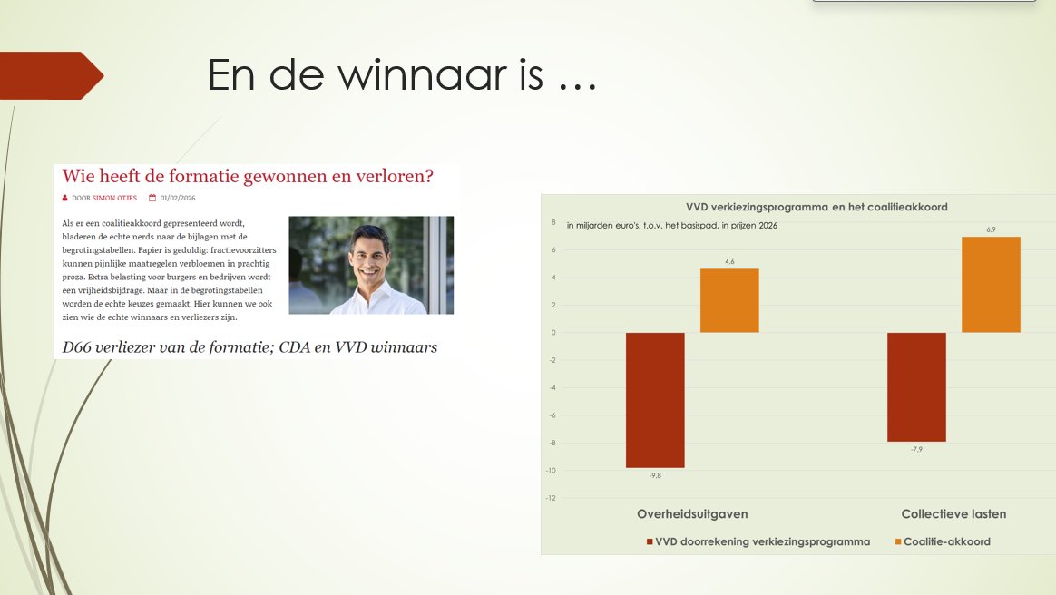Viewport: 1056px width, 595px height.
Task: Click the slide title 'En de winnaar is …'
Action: point(402,75)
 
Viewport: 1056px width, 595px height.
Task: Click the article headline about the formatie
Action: point(248,177)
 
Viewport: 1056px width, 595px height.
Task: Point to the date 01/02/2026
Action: point(178,198)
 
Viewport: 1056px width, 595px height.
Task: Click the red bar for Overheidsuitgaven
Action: point(655,400)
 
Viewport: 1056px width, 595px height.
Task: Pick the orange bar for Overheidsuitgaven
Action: point(729,300)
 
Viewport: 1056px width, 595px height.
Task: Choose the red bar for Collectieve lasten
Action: point(916,387)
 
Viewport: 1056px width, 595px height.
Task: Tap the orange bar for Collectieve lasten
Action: point(991,285)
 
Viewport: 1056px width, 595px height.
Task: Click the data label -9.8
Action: point(655,476)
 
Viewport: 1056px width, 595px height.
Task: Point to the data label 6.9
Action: point(991,229)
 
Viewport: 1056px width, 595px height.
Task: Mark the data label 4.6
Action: point(729,261)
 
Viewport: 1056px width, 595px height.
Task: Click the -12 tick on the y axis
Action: point(551,498)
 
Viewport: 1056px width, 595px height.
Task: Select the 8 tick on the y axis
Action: point(553,221)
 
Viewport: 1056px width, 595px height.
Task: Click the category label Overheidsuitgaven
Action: point(692,514)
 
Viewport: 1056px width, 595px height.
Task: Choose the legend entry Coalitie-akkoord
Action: point(946,541)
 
